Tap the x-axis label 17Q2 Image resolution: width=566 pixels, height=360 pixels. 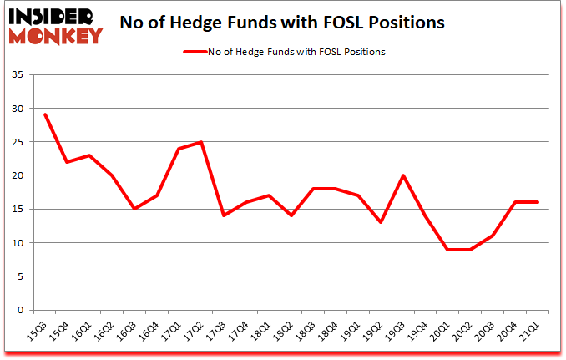(x=195, y=331)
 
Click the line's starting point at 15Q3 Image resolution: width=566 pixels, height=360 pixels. (x=44, y=114)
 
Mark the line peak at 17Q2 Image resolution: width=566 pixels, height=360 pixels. (x=200, y=142)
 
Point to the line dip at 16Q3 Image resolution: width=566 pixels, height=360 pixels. (x=134, y=209)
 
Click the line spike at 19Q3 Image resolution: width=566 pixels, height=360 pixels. (x=403, y=175)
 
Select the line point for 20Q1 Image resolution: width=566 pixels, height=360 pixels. (x=447, y=250)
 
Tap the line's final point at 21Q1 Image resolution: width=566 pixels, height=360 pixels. (x=537, y=202)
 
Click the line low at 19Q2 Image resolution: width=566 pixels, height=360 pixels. (x=381, y=222)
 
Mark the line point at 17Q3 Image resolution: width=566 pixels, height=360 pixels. (x=223, y=215)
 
